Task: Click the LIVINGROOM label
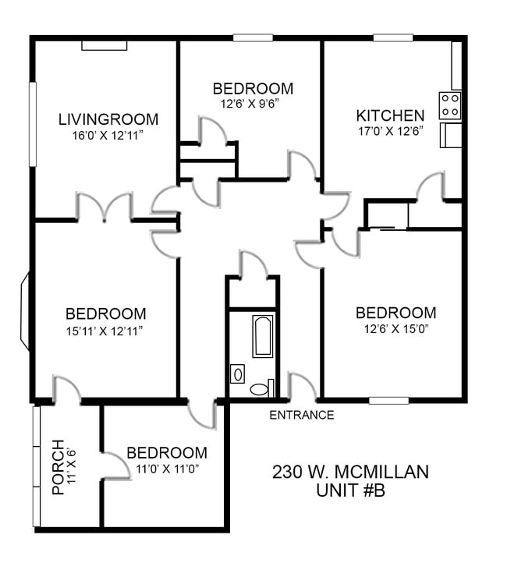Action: (x=108, y=119)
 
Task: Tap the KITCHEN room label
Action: (x=390, y=115)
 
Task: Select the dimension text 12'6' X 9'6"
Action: (x=250, y=104)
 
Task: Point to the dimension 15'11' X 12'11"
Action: (x=105, y=331)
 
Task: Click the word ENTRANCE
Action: (x=302, y=415)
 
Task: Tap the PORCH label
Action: (x=58, y=467)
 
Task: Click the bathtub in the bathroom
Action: (x=263, y=337)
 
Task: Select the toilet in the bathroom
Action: (x=261, y=388)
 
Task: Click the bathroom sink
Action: (x=237, y=374)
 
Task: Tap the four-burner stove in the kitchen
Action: (x=450, y=105)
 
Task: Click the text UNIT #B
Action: (x=350, y=490)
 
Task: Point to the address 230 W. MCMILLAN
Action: (x=350, y=472)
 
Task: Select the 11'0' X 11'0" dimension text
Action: (x=167, y=469)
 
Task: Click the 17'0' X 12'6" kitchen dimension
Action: (x=391, y=131)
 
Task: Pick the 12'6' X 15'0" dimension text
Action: (x=396, y=329)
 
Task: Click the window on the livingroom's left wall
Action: (x=33, y=124)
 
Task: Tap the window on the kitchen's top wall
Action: (x=393, y=37)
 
